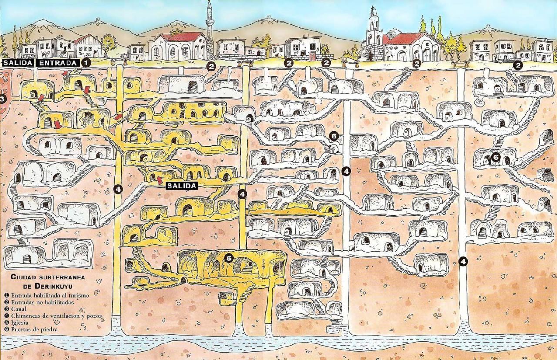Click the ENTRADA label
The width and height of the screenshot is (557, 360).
click(x=59, y=63)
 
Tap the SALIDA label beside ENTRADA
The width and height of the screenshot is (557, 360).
click(x=18, y=63)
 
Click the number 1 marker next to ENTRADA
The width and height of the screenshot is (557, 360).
click(x=86, y=63)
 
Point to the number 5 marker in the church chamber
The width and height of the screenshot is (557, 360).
click(x=229, y=258)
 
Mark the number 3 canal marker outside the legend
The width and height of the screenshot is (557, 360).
click(x=2, y=99)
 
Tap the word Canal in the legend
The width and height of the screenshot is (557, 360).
click(x=19, y=309)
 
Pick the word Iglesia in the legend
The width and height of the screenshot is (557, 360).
click(x=20, y=323)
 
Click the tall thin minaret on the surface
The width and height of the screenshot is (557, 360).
click(x=210, y=26)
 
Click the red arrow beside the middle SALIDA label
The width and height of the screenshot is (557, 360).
click(x=159, y=179)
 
